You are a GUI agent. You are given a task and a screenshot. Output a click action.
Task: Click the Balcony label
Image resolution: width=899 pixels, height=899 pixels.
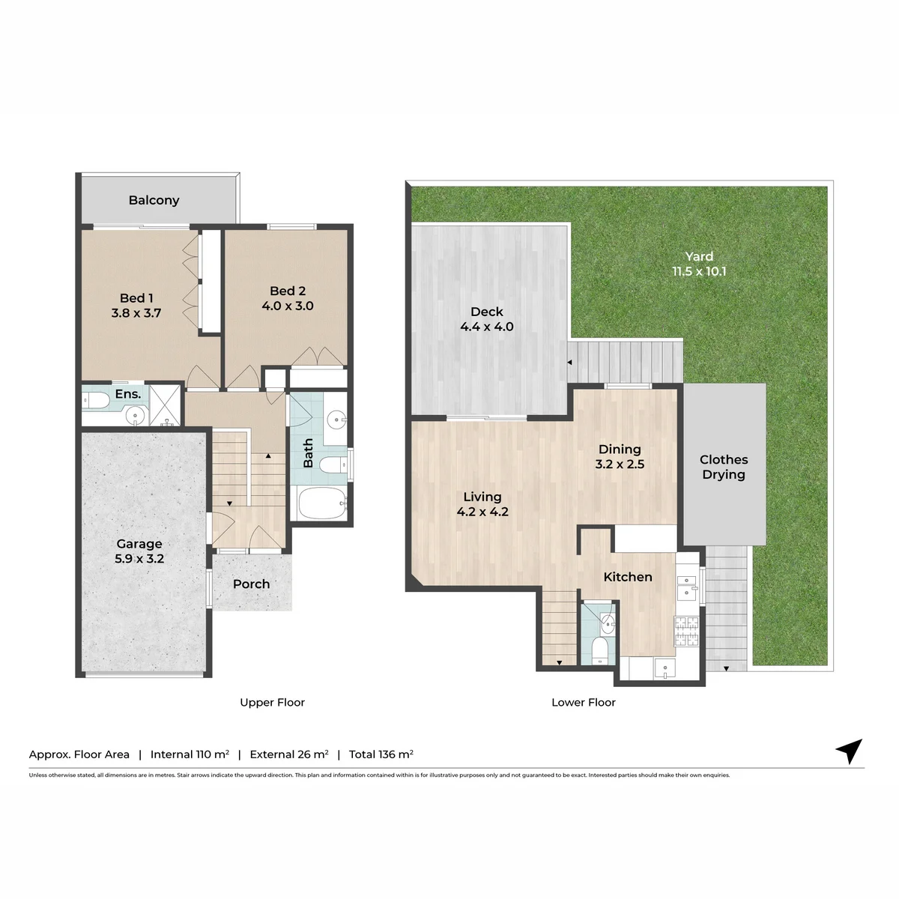(x=154, y=200)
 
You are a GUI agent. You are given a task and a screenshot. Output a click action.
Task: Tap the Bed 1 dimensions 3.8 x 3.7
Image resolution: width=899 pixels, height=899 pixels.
(x=136, y=312)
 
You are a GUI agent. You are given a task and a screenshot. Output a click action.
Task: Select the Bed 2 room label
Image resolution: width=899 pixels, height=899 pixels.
(x=288, y=291)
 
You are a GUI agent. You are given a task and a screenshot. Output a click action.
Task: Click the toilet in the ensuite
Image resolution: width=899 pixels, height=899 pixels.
(x=96, y=400)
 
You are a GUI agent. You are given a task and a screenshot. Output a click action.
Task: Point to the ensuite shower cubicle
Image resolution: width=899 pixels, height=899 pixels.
(x=165, y=405)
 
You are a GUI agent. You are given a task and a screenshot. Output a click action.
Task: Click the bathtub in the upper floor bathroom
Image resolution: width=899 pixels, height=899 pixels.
(x=322, y=503)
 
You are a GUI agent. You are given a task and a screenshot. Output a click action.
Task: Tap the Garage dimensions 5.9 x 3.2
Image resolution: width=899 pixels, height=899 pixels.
(x=139, y=558)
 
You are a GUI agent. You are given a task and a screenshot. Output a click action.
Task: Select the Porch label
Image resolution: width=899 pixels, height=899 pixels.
(x=252, y=584)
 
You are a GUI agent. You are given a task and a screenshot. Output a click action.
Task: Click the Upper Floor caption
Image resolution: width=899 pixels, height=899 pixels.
(x=272, y=702)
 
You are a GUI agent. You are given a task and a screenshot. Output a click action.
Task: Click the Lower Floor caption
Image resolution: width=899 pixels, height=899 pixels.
(x=583, y=702)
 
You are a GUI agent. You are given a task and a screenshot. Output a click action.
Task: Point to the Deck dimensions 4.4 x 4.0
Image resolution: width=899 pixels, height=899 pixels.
(x=487, y=327)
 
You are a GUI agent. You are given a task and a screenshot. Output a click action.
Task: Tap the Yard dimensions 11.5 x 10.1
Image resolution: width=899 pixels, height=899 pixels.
(x=699, y=271)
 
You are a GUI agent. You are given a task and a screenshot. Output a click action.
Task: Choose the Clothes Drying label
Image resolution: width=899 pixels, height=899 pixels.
(x=724, y=467)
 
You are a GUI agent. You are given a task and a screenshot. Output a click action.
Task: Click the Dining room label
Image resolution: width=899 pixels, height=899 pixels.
(x=620, y=449)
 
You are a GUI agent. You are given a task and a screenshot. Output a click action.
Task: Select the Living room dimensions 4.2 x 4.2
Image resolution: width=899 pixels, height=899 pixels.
(x=482, y=512)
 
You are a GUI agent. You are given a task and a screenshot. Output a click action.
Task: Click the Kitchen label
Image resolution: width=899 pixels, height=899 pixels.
(x=628, y=577)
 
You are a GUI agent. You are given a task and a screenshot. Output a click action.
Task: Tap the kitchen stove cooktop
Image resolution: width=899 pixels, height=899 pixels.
(x=687, y=631)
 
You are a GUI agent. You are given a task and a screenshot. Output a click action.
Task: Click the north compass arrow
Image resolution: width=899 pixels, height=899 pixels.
(x=850, y=751)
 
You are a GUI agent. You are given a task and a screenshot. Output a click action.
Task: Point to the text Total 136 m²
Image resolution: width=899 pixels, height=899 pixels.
(x=381, y=754)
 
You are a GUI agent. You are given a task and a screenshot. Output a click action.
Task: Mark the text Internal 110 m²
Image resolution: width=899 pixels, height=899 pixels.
(x=190, y=754)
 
